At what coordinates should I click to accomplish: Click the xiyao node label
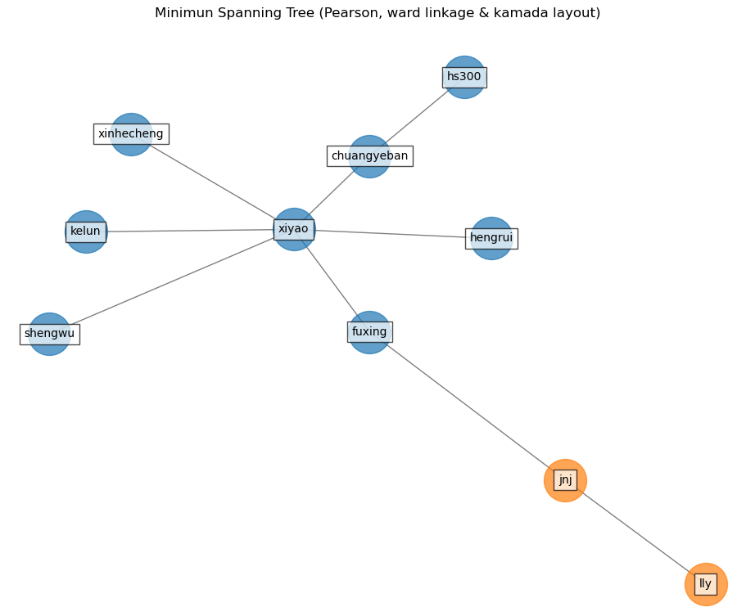pyautogui.click(x=293, y=229)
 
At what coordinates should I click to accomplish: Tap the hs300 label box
pyautogui.click(x=464, y=77)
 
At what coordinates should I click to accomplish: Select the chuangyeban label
pyautogui.click(x=369, y=155)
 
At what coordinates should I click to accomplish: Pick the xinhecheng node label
pyautogui.click(x=131, y=133)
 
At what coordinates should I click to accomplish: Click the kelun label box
pyautogui.click(x=85, y=232)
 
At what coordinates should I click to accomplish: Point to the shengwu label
pyautogui.click(x=49, y=333)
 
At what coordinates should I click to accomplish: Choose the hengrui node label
pyautogui.click(x=491, y=238)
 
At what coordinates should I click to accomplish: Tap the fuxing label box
pyautogui.click(x=369, y=331)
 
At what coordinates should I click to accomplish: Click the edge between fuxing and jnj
pyautogui.click(x=467, y=406)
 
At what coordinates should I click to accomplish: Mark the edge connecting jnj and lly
pyautogui.click(x=635, y=532)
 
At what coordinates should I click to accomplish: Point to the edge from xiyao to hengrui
pyautogui.click(x=393, y=233)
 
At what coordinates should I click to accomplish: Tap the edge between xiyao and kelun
pyautogui.click(x=188, y=231)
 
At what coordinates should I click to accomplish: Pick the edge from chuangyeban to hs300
pyautogui.click(x=418, y=116)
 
